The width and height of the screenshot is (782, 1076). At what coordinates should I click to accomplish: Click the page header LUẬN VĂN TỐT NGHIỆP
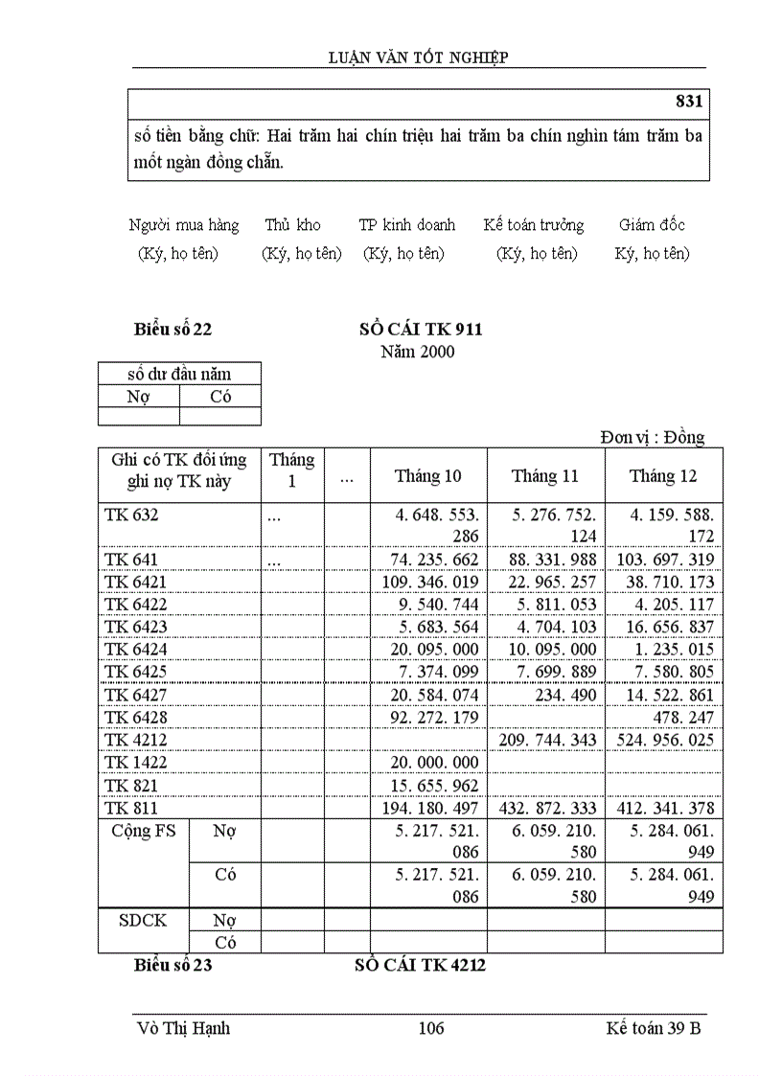point(418,57)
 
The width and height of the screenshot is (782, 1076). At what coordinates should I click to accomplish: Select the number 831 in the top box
point(689,102)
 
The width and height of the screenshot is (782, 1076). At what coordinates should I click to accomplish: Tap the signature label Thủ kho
point(292,225)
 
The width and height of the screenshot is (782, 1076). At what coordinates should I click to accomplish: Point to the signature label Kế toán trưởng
point(534,225)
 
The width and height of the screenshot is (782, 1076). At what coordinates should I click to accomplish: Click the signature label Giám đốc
point(652,225)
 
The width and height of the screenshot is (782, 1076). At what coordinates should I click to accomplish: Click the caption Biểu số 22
point(172,330)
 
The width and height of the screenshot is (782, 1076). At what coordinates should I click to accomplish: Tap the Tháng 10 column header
point(427,476)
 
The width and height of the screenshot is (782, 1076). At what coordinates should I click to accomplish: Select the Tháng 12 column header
point(663,476)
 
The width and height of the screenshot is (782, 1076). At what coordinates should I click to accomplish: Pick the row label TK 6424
point(131,650)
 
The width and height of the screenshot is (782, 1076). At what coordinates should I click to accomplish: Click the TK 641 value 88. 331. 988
point(546,560)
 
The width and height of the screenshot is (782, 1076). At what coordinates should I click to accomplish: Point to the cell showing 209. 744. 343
point(546,740)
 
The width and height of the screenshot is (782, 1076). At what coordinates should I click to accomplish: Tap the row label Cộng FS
point(144,832)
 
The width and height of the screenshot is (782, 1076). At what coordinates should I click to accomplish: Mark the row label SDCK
point(143,920)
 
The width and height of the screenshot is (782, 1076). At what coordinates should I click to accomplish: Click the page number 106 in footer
point(431,1029)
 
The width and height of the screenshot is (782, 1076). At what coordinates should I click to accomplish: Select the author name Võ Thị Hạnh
point(184,1029)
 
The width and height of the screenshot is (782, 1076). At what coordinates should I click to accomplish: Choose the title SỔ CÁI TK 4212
point(420,966)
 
